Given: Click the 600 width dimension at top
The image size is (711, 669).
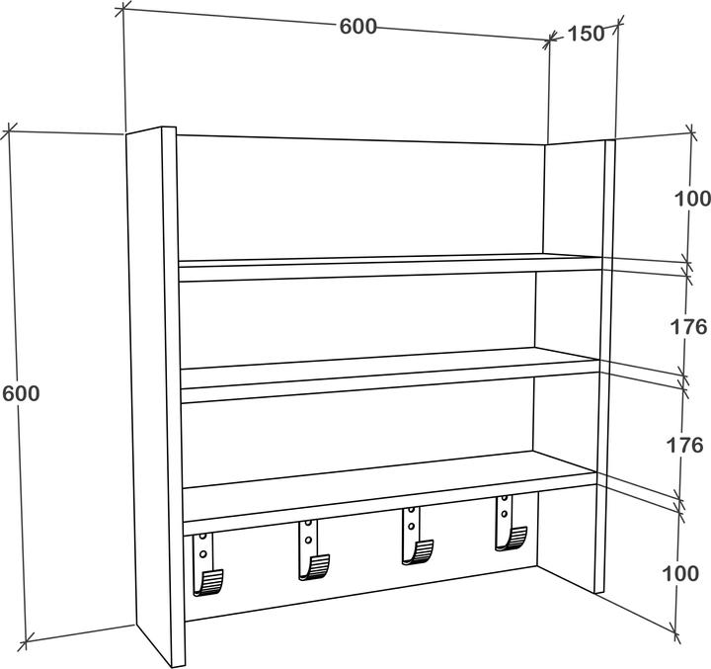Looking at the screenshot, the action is (x=358, y=27).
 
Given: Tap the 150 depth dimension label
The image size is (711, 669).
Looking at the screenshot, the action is (x=586, y=34).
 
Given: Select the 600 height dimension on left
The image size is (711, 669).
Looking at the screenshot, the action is (x=21, y=393).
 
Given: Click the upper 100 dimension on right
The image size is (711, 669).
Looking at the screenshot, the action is (x=692, y=199).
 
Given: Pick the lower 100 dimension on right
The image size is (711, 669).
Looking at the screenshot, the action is (x=680, y=574).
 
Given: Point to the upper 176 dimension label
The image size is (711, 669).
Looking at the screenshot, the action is (x=688, y=326).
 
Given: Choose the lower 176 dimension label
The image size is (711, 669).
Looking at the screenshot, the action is (x=684, y=446).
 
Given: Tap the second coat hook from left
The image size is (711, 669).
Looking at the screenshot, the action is (x=312, y=550).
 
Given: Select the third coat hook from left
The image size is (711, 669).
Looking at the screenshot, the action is (x=416, y=536).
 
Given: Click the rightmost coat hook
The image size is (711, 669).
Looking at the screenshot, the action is (x=510, y=523).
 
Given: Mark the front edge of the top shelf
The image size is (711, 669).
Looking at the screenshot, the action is (x=390, y=270).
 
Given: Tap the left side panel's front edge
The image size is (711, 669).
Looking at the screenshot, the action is (x=173, y=396).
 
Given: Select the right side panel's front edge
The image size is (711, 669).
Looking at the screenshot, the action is (x=604, y=367).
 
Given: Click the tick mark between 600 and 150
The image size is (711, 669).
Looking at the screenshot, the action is (x=550, y=40).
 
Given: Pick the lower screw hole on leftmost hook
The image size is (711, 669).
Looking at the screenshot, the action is (x=202, y=554).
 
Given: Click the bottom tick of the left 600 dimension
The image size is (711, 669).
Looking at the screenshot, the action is (x=26, y=640).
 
